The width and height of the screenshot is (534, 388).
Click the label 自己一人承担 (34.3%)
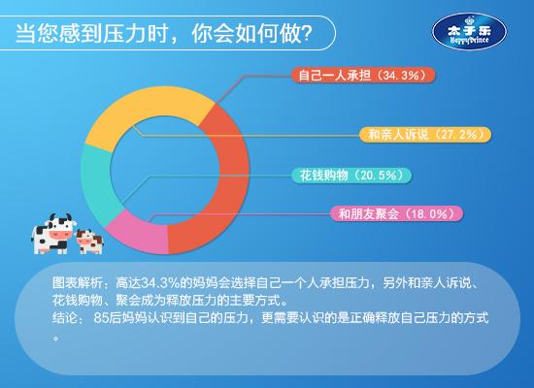click(363, 75)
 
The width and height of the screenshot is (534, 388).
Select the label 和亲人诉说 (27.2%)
click(425, 135)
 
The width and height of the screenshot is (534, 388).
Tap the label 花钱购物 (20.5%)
click(351, 176)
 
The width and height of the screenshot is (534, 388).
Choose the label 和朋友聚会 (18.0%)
click(397, 213)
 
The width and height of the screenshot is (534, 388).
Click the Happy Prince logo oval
click(469, 32)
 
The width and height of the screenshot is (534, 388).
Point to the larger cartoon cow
click(53, 234)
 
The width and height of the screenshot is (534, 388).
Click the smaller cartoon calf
click(89, 242)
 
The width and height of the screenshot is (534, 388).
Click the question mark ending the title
click(307, 33)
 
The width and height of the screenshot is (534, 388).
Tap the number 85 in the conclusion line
click(101, 318)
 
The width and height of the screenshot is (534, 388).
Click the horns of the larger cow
click(60, 217)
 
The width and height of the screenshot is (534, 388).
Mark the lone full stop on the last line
click(56, 338)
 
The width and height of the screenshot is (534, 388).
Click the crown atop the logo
click(470, 20)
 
